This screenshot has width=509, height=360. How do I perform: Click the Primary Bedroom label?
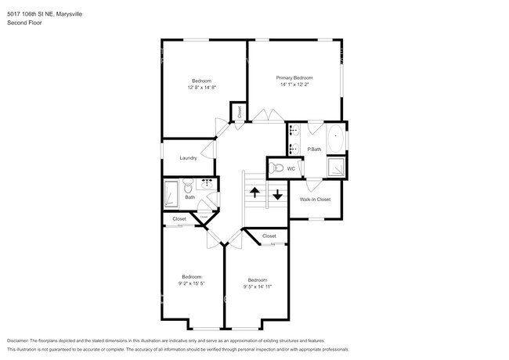click(294, 77)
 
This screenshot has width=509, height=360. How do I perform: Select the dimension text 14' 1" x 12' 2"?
click(294, 85)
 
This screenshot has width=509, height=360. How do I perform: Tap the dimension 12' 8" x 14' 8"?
click(201, 88)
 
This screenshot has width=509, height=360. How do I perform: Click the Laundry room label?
click(188, 158)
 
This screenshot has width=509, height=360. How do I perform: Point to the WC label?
click(291, 168)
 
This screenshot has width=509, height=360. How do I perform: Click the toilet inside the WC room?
click(276, 167)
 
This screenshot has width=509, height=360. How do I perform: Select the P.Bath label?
click(314, 149)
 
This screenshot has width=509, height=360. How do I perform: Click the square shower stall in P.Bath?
click(337, 167)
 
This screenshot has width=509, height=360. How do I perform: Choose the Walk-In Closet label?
click(315, 200)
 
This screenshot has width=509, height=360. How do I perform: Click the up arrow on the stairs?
click(254, 193)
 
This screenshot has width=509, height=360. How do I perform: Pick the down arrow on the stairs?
click(277, 194)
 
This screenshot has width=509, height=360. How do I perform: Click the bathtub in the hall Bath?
click(171, 194)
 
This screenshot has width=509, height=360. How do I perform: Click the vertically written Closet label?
click(239, 112)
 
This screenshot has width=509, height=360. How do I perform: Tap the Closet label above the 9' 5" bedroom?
click(269, 236)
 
